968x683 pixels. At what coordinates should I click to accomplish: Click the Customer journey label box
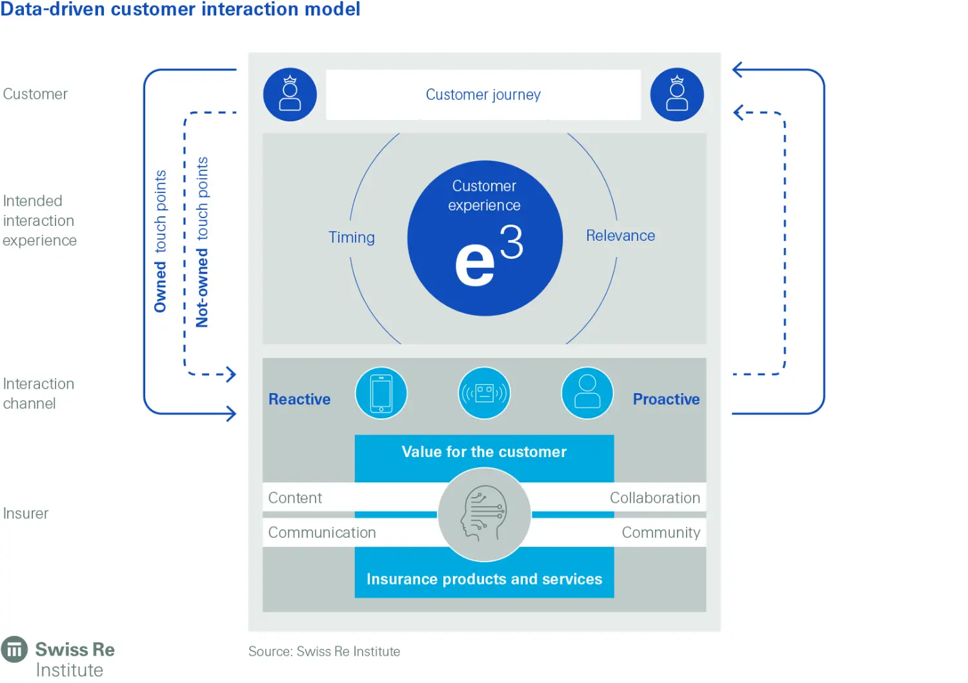(x=483, y=95)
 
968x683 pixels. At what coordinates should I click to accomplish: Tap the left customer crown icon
(x=290, y=94)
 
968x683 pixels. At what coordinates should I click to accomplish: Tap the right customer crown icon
(x=676, y=94)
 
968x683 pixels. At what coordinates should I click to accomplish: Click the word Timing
(x=352, y=238)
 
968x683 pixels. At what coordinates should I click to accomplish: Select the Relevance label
(x=620, y=236)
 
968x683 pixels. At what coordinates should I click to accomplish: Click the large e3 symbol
(x=487, y=256)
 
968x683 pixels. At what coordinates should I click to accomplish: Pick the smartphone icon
(x=381, y=392)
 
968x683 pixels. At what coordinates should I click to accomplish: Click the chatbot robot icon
(x=484, y=392)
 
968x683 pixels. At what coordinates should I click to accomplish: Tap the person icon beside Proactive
(x=587, y=392)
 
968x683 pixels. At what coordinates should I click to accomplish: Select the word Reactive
(x=299, y=400)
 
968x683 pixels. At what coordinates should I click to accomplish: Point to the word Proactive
(x=666, y=400)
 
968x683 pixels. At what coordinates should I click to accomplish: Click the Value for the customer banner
(x=484, y=452)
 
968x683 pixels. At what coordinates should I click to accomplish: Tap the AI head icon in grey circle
(x=484, y=515)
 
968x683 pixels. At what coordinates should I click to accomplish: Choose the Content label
(x=295, y=498)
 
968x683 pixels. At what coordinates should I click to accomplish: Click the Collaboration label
(x=654, y=498)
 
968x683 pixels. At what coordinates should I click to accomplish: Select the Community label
(x=661, y=533)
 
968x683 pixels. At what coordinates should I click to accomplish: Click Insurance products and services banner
(x=484, y=579)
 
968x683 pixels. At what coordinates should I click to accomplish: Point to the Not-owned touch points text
(x=202, y=242)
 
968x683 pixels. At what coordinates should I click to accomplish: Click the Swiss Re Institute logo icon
(x=14, y=649)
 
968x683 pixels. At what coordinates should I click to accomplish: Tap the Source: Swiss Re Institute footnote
(x=324, y=651)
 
